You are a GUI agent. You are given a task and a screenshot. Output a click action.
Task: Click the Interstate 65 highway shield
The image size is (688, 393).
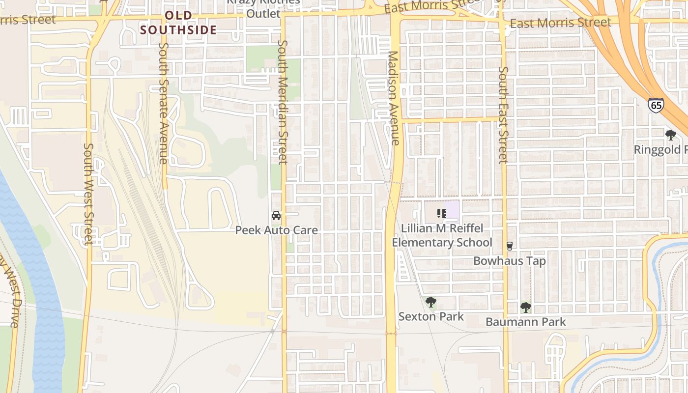[656, 105]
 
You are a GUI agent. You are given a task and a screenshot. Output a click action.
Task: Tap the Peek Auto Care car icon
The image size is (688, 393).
[276, 216]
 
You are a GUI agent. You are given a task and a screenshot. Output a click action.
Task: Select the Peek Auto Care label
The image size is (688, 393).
[276, 230]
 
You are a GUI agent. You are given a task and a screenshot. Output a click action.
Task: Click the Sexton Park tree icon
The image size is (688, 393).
[431, 302]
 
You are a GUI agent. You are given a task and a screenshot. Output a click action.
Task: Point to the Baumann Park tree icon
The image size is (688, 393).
[525, 308]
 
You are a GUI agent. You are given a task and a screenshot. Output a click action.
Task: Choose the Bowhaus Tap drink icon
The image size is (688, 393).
[510, 246]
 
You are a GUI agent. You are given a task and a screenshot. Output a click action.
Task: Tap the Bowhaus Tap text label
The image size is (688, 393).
[510, 260]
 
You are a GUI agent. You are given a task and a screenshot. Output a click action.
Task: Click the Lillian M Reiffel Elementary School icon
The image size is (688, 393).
[441, 214]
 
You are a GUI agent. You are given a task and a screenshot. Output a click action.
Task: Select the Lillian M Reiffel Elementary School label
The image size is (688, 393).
[441, 235]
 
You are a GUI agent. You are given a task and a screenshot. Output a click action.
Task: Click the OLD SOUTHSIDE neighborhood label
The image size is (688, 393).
[178, 23]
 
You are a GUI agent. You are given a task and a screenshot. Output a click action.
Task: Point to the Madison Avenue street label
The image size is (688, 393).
[394, 98]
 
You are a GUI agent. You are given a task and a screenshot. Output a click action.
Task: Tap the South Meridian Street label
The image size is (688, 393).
[282, 102]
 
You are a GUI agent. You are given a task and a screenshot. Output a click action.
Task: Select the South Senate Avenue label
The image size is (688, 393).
[164, 103]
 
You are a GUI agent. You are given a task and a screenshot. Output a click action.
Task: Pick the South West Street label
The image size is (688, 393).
[88, 194]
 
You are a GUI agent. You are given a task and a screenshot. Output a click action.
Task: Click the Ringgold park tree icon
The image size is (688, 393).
[670, 135]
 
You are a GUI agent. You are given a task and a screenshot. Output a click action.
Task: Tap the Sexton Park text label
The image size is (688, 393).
[431, 316]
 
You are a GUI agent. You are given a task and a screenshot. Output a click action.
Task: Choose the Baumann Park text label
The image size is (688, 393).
[525, 322]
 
